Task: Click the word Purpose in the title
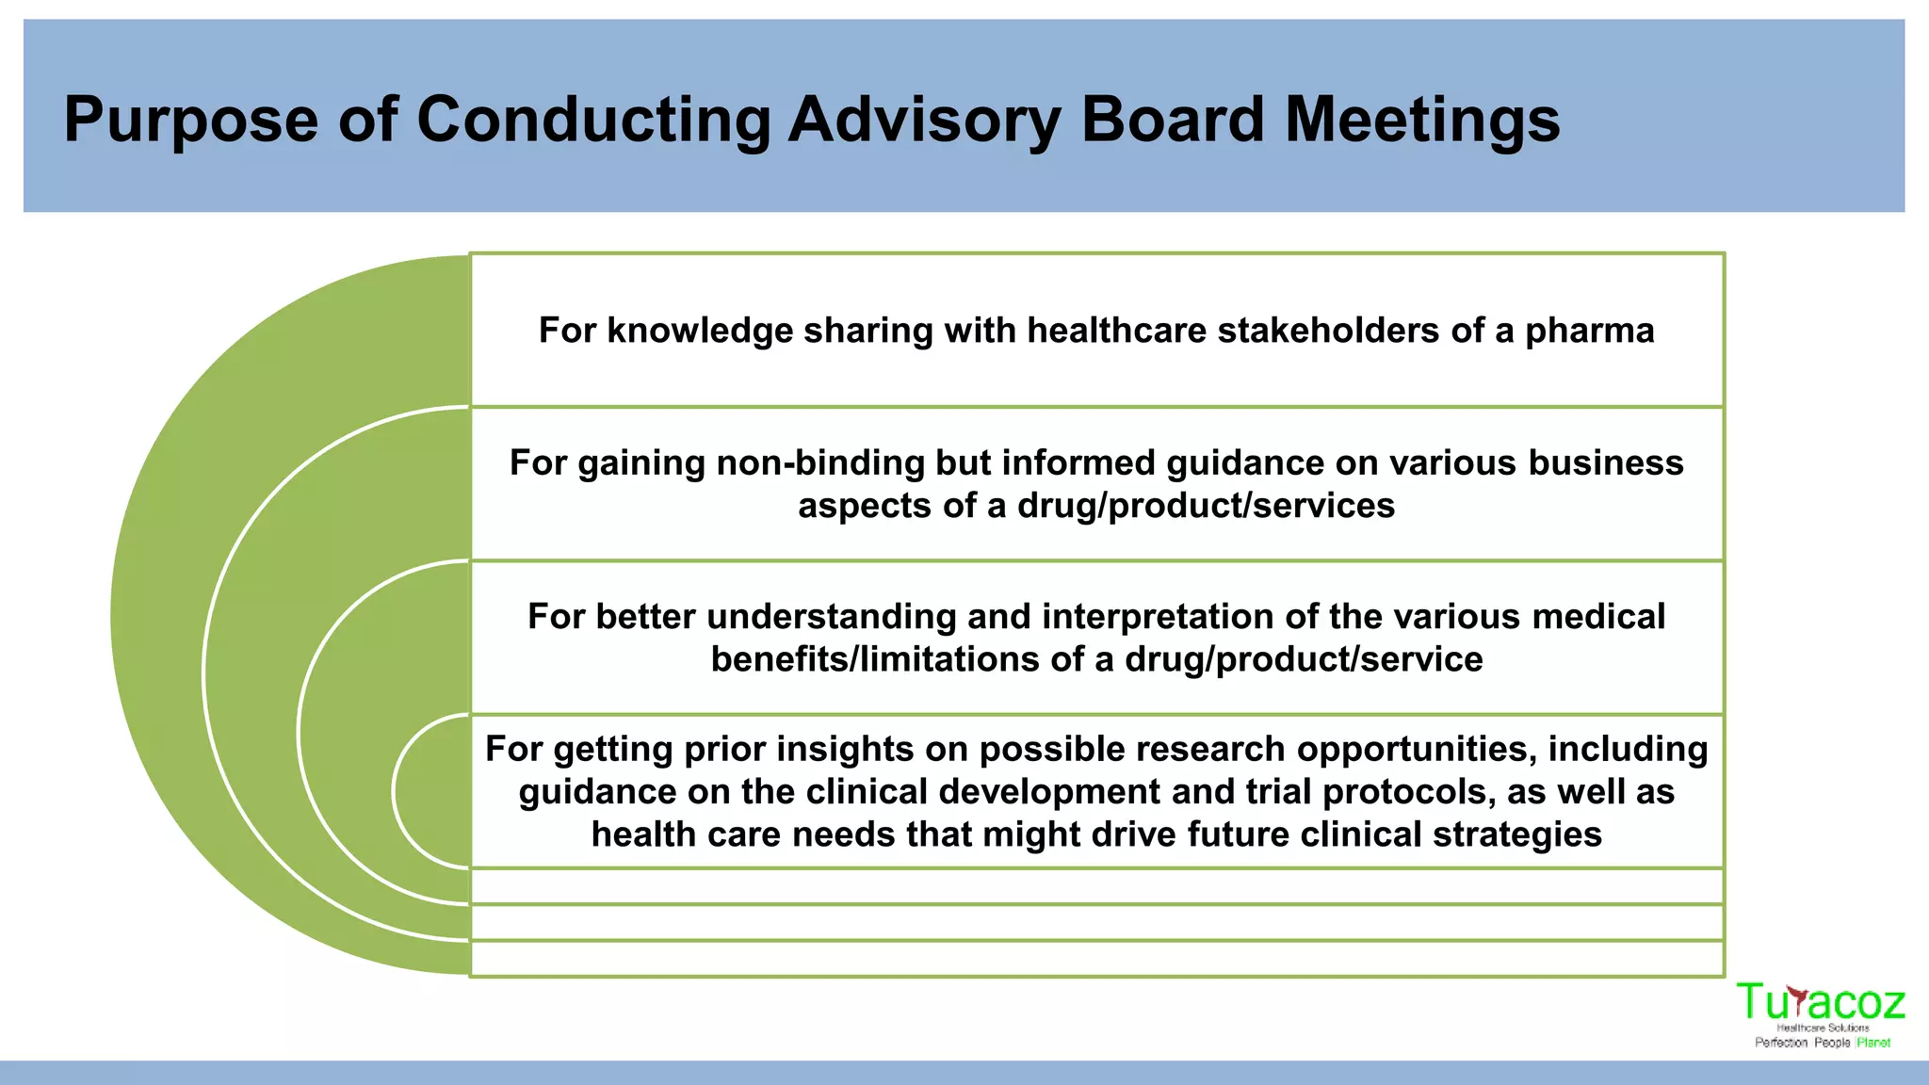(191, 121)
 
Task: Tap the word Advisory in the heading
(924, 121)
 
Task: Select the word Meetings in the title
(1422, 121)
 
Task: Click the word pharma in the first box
(1589, 331)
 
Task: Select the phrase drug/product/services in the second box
(1206, 506)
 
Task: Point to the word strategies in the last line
(1516, 834)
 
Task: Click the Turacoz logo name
(1820, 1002)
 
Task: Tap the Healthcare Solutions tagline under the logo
(1823, 1028)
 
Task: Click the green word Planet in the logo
(1873, 1043)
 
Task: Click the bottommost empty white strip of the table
(1096, 958)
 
